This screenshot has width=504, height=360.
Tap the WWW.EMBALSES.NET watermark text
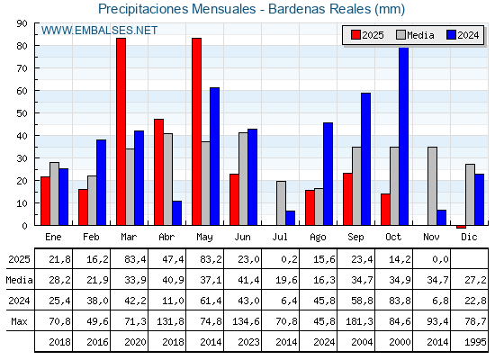tap(100, 31)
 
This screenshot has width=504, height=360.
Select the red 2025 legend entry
tap(367, 35)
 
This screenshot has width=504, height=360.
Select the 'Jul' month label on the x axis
tap(281, 237)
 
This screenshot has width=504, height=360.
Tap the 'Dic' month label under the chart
tap(470, 237)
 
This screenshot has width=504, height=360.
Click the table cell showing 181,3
tap(356, 321)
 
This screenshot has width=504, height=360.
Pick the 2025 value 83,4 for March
tap(130, 259)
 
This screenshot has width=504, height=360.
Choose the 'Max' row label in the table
tap(18, 321)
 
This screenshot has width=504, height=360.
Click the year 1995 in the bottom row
tap(470, 342)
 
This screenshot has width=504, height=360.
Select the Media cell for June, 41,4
tap(243, 280)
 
